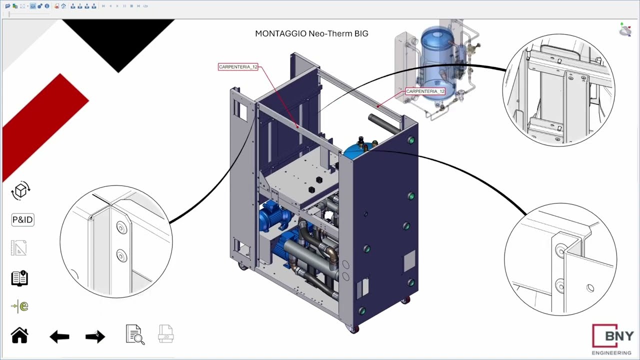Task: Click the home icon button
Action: pos(19,335)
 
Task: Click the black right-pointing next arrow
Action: pos(95,336)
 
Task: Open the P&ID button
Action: pos(23,219)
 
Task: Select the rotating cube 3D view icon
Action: pos(20,190)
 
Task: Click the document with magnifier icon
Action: pos(135,334)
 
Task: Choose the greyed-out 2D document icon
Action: pos(165,333)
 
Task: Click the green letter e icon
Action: pos(19,306)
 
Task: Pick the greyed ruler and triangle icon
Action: pos(19,247)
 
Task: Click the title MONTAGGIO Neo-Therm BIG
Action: pos(311,33)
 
